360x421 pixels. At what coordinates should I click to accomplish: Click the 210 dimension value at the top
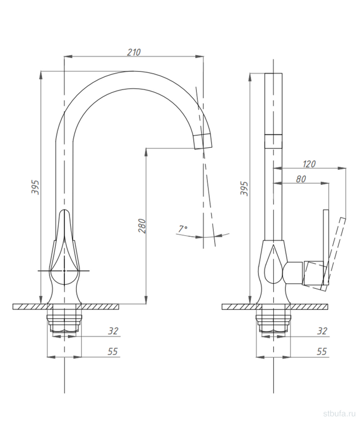pos(134,52)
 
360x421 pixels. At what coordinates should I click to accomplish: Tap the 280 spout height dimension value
pos(142,226)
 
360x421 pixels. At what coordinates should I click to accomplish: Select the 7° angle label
pos(183,229)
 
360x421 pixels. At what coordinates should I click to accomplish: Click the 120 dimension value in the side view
pos(309,164)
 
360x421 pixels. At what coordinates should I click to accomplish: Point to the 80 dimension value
pos(301,178)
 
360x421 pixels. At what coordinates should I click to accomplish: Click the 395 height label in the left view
pos(35,187)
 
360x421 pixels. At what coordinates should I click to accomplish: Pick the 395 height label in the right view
pos(244,188)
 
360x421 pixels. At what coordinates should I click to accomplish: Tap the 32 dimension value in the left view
pos(113,331)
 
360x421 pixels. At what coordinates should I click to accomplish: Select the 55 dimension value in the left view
pos(113,351)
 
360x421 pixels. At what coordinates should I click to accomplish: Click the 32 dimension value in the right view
pos(322,331)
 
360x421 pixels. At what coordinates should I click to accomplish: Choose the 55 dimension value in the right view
pos(322,351)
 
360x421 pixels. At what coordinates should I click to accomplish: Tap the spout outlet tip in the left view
pos(203,141)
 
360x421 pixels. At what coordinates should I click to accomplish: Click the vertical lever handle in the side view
pos(326,247)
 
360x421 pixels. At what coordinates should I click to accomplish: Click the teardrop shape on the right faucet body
pos(273,264)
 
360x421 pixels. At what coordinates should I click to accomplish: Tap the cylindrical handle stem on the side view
pos(294,272)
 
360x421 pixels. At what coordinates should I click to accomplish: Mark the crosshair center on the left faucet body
pos(64,271)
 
